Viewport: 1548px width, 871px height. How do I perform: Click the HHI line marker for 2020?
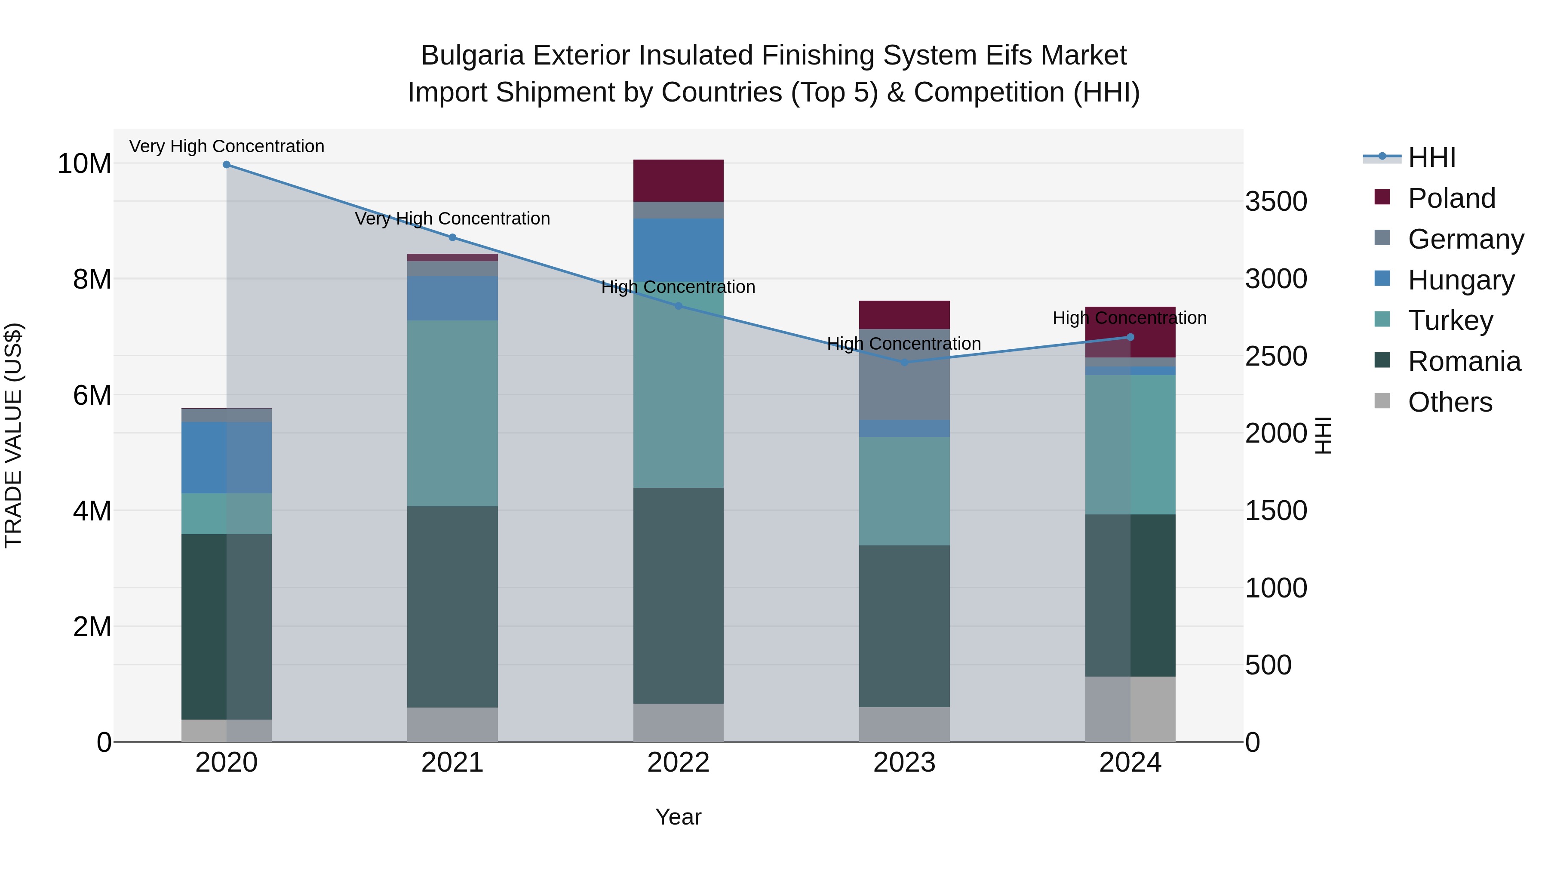click(x=227, y=165)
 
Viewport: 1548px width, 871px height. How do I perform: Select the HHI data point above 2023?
click(x=904, y=363)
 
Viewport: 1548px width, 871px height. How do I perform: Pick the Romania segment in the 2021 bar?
click(x=452, y=607)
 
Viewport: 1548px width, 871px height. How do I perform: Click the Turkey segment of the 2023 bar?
click(x=904, y=491)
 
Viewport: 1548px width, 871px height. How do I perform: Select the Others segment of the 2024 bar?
click(x=1130, y=709)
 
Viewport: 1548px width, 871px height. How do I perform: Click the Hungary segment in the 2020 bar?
click(x=227, y=458)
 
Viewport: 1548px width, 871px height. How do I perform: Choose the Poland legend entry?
click(x=1451, y=198)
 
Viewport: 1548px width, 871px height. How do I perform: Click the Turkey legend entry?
click(x=1450, y=320)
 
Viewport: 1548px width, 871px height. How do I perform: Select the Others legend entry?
click(x=1450, y=402)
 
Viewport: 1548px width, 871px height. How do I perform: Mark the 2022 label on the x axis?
click(x=679, y=763)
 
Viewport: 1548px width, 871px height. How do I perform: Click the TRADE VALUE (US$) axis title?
click(x=13, y=435)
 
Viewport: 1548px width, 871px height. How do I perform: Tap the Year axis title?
click(x=679, y=817)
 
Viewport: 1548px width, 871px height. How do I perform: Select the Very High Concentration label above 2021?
click(x=452, y=219)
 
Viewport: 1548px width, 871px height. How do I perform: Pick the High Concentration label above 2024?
click(x=1130, y=318)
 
